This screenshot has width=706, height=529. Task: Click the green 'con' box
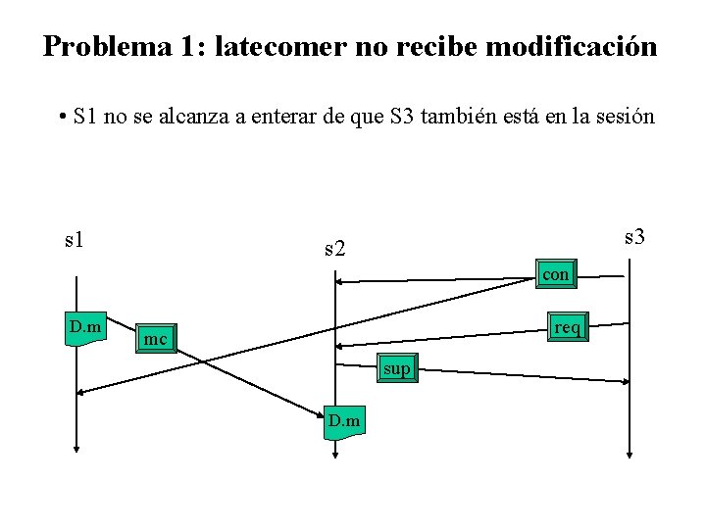pos(555,275)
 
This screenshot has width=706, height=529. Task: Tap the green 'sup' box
pos(397,368)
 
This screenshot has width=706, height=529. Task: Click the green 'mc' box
pos(155,339)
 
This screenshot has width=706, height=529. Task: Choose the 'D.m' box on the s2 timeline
pos(344,421)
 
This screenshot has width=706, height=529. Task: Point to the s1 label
pos(74,238)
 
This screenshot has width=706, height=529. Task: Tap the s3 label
pos(634,236)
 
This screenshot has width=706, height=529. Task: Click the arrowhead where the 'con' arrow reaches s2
pos(339,282)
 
